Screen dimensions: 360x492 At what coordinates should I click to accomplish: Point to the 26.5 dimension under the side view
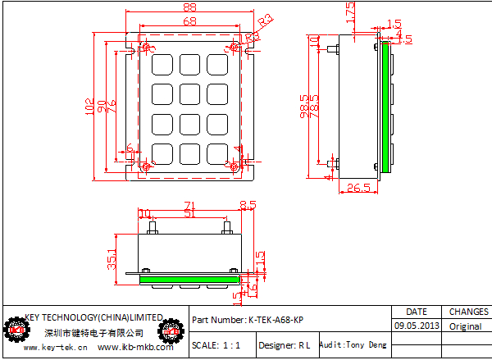click(x=358, y=189)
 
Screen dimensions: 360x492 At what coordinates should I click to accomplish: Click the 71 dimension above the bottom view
click(x=189, y=205)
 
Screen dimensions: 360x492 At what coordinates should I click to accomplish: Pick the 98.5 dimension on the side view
click(x=305, y=107)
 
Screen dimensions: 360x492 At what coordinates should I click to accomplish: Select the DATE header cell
click(x=417, y=312)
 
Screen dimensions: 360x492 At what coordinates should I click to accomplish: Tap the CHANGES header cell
click(x=468, y=312)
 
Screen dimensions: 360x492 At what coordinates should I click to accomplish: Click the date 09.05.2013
click(x=417, y=326)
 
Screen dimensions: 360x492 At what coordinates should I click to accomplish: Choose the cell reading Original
click(x=465, y=326)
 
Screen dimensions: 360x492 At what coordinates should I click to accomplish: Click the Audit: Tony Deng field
click(x=353, y=345)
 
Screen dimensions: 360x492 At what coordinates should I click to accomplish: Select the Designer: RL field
click(x=284, y=346)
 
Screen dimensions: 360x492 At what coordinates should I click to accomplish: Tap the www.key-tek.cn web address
click(x=56, y=348)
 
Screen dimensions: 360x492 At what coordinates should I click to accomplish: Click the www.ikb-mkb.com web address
click(x=135, y=348)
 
